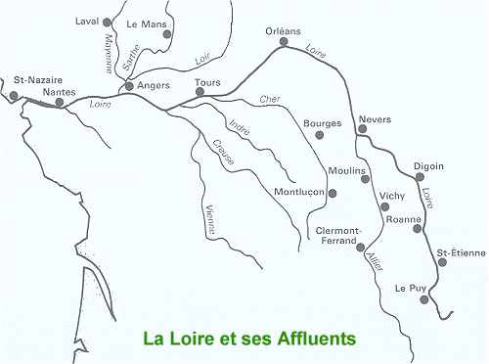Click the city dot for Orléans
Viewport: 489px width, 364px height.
284,42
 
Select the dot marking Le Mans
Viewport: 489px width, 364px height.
167,34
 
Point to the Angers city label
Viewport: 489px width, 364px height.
154,86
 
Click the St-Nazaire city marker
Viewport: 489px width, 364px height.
14,95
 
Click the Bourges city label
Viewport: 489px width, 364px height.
323,123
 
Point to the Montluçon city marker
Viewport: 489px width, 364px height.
333,193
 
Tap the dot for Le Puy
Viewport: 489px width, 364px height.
423,300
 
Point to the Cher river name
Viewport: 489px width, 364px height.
269,100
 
